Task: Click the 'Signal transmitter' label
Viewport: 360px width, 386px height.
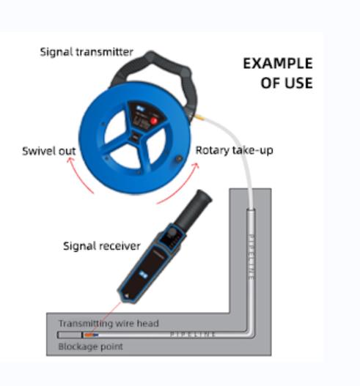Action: [87, 52]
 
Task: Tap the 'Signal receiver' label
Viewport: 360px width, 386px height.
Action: [102, 246]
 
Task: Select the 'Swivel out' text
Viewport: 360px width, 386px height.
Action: [49, 151]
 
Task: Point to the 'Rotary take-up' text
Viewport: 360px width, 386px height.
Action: [234, 150]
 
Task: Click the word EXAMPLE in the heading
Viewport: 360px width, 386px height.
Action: [278, 63]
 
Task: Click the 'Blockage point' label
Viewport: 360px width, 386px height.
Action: [90, 346]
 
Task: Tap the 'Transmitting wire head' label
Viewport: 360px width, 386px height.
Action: [109, 323]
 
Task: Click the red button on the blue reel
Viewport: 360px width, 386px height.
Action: [154, 121]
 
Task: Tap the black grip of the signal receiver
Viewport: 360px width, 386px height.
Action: [194, 209]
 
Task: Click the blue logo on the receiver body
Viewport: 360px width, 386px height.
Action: [143, 274]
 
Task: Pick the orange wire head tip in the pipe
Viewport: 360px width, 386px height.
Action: [89, 335]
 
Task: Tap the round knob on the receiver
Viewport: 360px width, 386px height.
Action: [172, 231]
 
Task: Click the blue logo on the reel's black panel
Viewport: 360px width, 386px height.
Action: [140, 108]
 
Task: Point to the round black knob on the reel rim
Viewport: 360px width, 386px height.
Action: [179, 159]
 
